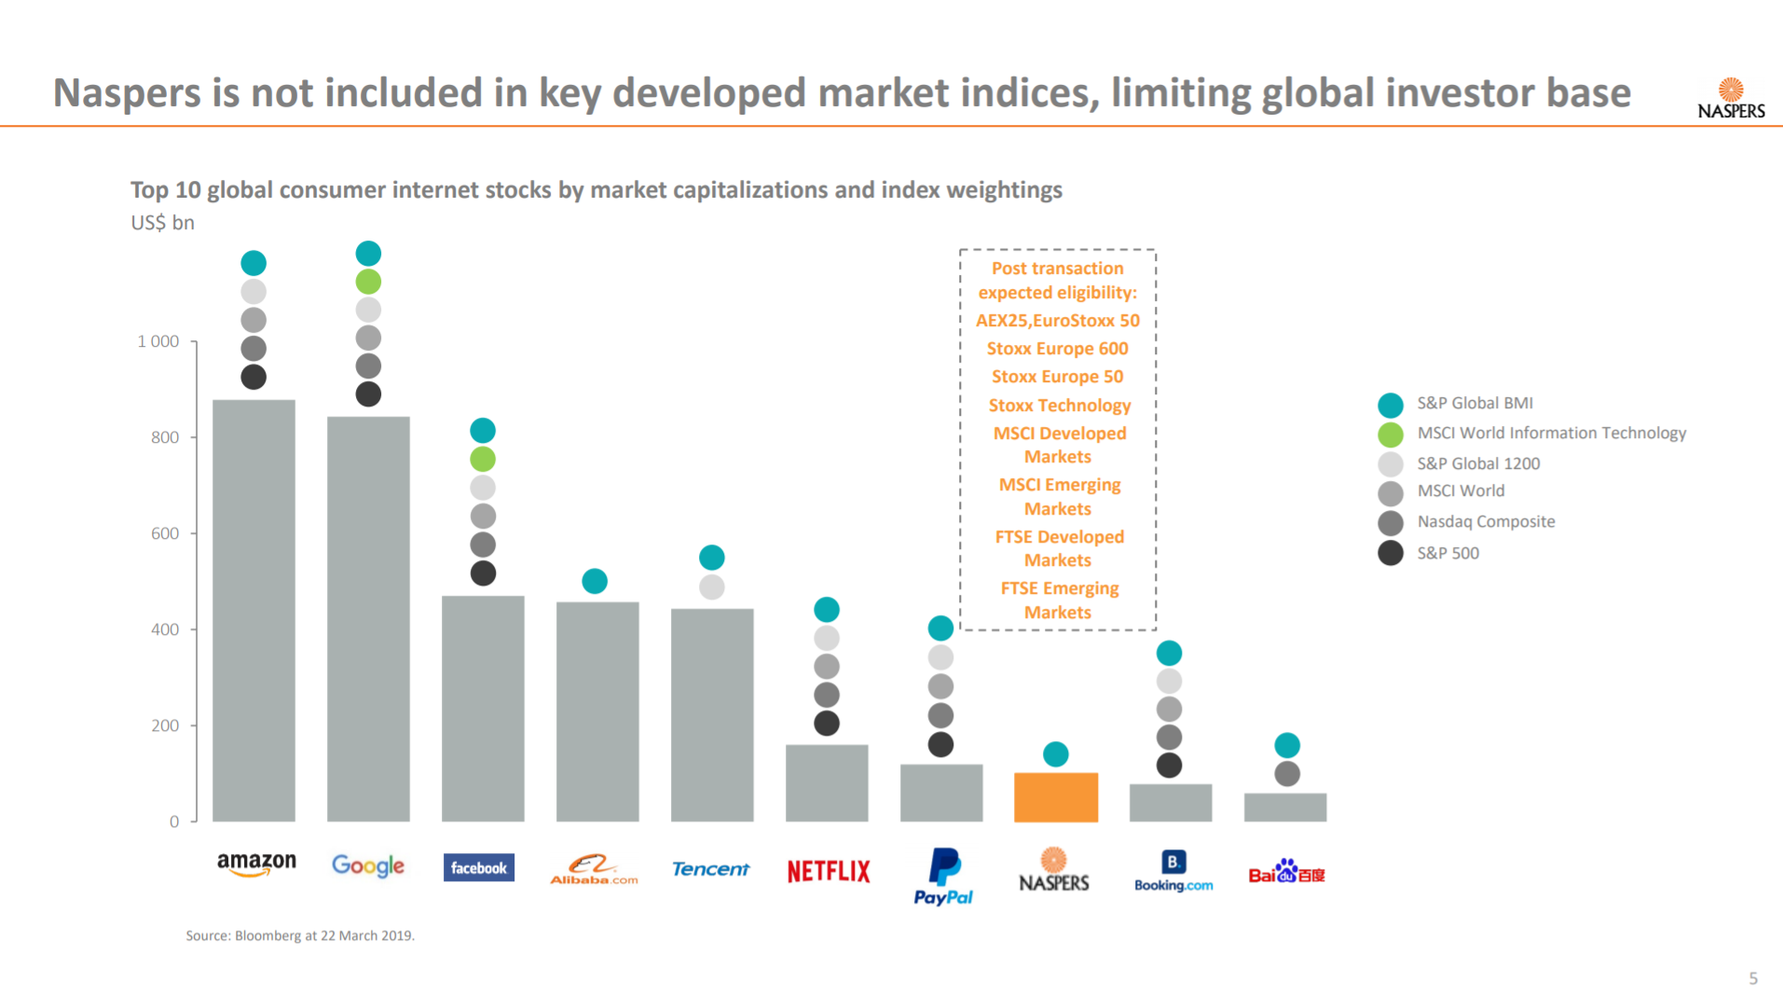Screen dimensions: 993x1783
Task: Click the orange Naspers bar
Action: [1055, 797]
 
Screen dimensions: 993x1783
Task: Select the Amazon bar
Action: [254, 611]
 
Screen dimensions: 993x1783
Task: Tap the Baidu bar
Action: [1284, 807]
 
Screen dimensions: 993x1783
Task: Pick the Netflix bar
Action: [827, 783]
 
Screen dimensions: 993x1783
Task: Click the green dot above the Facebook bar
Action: [483, 459]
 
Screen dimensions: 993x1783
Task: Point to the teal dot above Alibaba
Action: [595, 581]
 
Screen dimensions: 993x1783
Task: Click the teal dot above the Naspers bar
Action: [1055, 753]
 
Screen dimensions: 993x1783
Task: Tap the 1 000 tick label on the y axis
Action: [158, 341]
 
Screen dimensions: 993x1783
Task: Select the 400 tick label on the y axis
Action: [165, 629]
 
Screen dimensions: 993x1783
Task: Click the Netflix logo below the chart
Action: [828, 871]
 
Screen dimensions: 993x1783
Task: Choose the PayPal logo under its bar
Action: [943, 876]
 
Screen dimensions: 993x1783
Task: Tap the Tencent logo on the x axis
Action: [710, 869]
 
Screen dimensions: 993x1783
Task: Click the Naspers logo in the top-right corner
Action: [1731, 99]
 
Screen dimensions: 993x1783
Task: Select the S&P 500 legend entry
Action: [1447, 553]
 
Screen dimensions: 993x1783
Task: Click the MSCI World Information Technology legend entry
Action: [1551, 433]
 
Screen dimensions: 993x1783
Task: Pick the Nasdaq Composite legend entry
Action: [1486, 521]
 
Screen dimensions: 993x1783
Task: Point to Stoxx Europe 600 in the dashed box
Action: [1057, 349]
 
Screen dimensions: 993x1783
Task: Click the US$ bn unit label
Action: [162, 223]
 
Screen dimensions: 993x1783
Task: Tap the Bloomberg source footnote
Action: [300, 935]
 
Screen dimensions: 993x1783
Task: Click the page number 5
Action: [1752, 978]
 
